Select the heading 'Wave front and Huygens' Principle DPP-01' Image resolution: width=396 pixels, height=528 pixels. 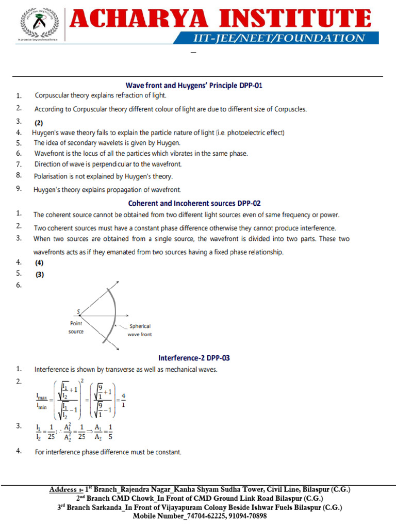pyautogui.click(x=194, y=86)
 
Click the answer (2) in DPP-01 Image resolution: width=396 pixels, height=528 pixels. pyautogui.click(x=39, y=123)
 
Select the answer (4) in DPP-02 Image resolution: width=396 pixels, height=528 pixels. pyautogui.click(x=39, y=263)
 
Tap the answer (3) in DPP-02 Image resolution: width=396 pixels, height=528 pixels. pyautogui.click(x=39, y=275)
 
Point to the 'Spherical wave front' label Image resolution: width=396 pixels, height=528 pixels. pyautogui.click(x=139, y=330)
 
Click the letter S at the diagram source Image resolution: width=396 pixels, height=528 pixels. pyautogui.click(x=78, y=311)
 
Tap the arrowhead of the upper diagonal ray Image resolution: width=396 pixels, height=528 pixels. pyautogui.click(x=118, y=282)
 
